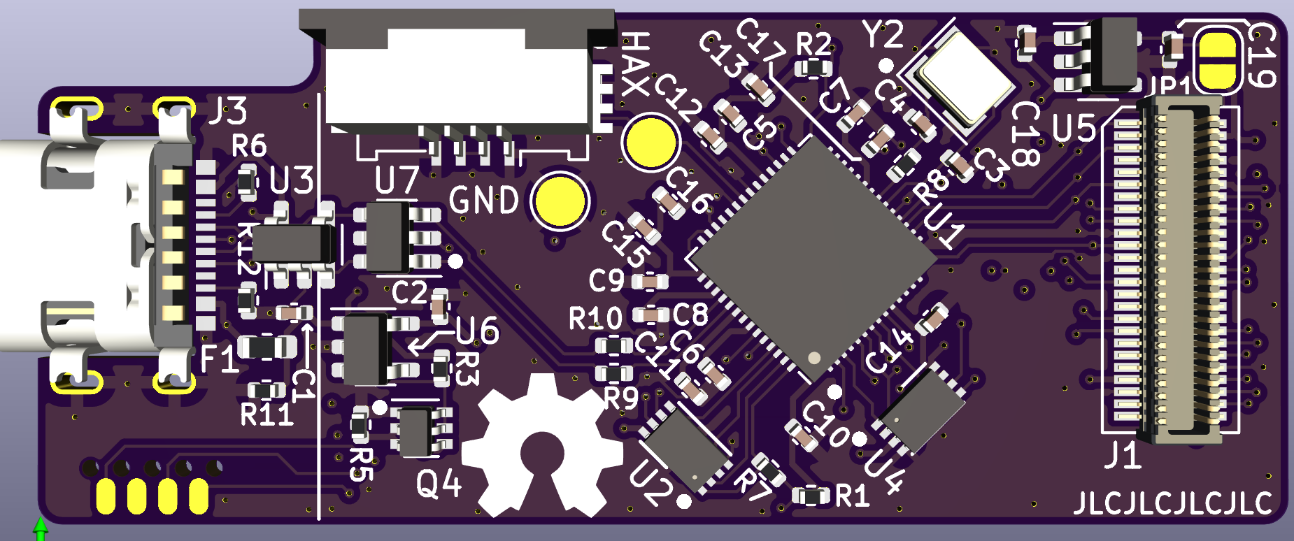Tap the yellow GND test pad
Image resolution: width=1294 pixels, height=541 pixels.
tap(560, 201)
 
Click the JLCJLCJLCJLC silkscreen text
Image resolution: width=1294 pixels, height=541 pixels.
tap(1172, 503)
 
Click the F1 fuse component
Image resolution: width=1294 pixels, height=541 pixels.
tap(266, 347)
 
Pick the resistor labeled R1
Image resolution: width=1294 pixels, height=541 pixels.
tap(811, 496)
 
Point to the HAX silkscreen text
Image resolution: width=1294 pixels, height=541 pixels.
tap(635, 64)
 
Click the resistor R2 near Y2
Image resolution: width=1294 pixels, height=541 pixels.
tap(814, 68)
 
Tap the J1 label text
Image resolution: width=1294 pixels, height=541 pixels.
tap(1123, 456)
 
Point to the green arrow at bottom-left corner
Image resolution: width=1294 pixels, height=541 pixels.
tap(41, 528)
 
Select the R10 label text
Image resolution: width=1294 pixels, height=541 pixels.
tap(595, 319)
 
